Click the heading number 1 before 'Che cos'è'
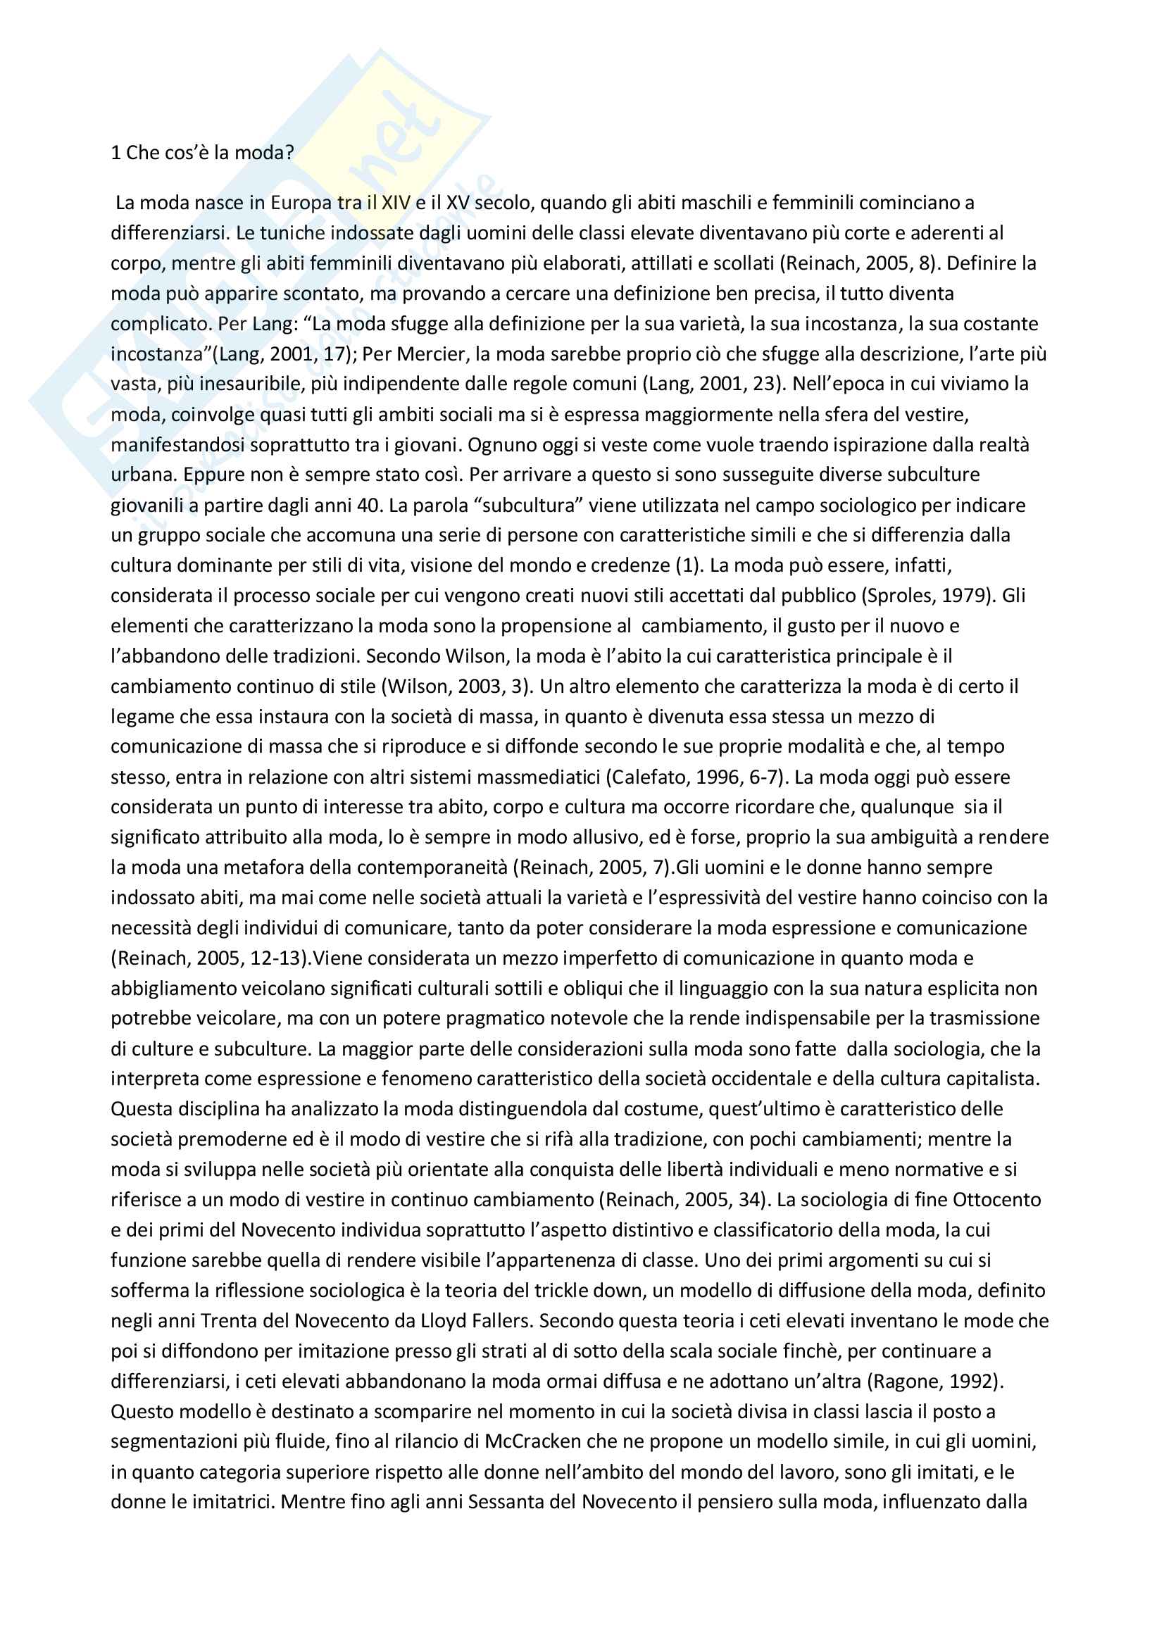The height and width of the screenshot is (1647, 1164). [x=116, y=153]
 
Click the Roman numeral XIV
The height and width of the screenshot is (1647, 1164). [x=395, y=203]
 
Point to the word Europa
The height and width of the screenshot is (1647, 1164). [x=301, y=203]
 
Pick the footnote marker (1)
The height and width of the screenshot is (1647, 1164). [x=687, y=565]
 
